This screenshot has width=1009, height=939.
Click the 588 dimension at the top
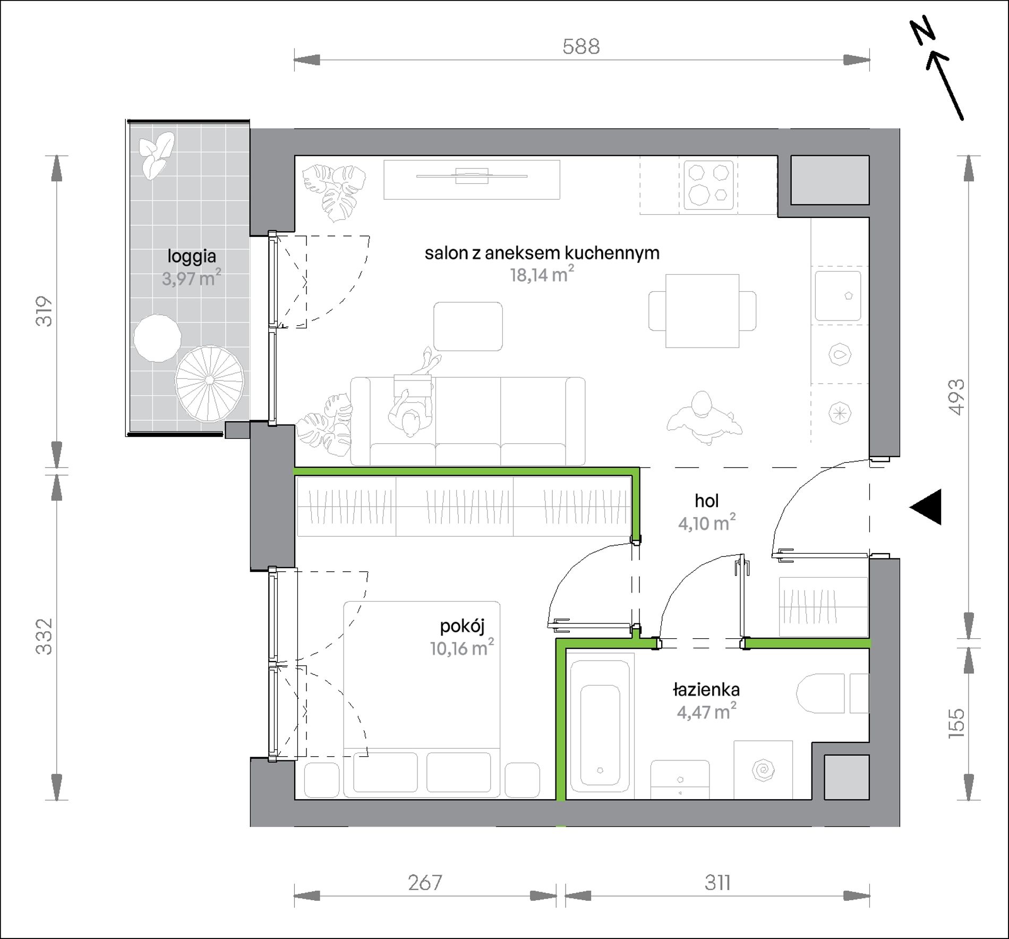(581, 47)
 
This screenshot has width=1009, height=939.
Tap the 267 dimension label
(425, 883)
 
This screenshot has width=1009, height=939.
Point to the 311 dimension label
(717, 883)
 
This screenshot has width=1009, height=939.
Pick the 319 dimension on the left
(45, 311)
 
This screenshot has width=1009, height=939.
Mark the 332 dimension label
(45, 636)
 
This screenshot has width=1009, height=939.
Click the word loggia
(192, 257)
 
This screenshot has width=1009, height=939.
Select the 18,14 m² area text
(542, 274)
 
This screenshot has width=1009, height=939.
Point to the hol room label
(707, 501)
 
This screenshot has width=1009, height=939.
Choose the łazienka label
(706, 690)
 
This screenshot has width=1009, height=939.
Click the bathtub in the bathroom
(601, 726)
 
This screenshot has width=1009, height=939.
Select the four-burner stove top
(708, 184)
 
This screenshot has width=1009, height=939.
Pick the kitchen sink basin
(838, 296)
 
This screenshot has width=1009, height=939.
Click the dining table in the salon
(702, 311)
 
